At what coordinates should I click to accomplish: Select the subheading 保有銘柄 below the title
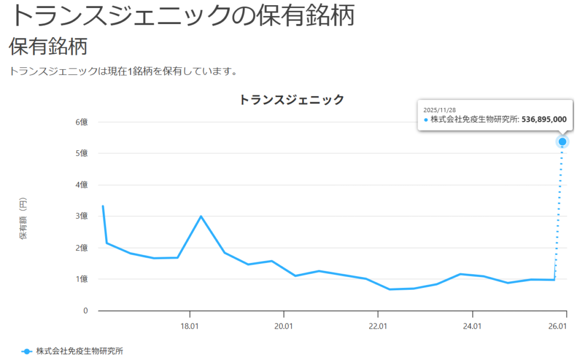(x=48, y=46)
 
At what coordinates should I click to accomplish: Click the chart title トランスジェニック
(x=291, y=100)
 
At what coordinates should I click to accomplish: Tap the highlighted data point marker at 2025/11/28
(x=563, y=142)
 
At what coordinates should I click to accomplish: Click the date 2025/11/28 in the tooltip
(x=439, y=109)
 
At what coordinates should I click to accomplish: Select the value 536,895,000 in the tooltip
(x=544, y=119)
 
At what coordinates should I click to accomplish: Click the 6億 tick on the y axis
(x=79, y=122)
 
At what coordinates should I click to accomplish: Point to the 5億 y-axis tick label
(x=79, y=154)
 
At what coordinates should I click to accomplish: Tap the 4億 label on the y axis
(x=79, y=185)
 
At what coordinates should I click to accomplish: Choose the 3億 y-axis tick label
(x=79, y=217)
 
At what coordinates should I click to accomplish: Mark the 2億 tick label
(x=79, y=248)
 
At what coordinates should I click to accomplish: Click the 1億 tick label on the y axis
(x=79, y=279)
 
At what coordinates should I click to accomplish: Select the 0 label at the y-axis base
(x=85, y=311)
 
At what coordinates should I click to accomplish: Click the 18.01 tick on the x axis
(x=189, y=326)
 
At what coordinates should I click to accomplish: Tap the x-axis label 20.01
(x=283, y=326)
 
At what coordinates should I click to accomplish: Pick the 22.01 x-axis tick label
(x=378, y=326)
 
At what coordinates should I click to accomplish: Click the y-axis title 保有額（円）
(x=23, y=220)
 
